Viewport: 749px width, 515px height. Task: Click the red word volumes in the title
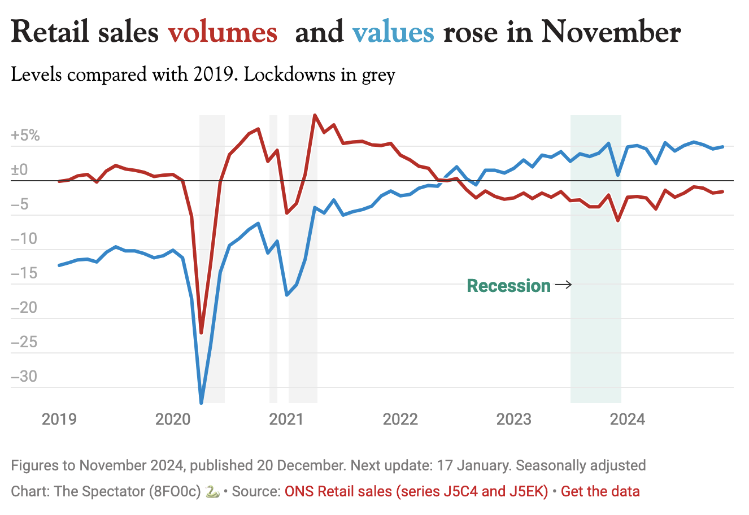223,32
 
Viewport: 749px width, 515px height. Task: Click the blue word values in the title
393,32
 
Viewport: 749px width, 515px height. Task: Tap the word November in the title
611,32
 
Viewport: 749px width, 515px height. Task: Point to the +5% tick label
25,136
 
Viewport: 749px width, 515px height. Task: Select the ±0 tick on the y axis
19,170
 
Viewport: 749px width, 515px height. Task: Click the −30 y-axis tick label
25,376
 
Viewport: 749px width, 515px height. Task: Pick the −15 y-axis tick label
25,273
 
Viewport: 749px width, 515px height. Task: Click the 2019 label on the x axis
59,419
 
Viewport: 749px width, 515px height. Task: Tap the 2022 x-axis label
400,419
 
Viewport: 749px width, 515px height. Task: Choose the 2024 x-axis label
627,419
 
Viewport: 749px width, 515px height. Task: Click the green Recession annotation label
508,286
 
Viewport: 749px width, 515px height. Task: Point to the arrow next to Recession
563,285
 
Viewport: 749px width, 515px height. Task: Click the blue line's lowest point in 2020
201,402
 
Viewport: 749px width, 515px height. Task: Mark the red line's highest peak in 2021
315,115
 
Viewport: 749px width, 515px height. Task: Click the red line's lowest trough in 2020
201,333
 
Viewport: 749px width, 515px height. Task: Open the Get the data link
600,491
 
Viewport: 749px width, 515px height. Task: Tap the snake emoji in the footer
212,491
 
